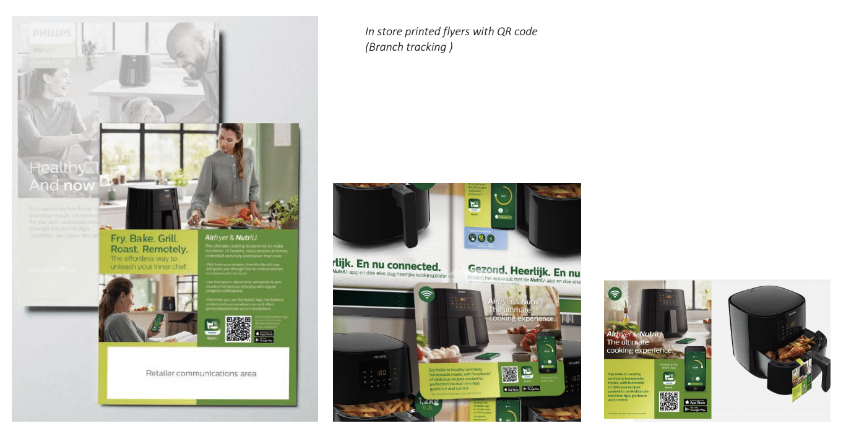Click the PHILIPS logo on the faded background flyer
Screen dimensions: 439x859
[x=52, y=33]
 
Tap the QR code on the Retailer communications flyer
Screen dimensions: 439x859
[x=238, y=329]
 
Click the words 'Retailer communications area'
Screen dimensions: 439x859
[x=201, y=373]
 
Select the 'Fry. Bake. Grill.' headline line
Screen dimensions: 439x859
[x=144, y=238]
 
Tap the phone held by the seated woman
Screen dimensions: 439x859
[x=158, y=322]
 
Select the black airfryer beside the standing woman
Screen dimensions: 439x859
[x=153, y=207]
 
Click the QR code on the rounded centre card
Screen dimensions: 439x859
[x=509, y=374]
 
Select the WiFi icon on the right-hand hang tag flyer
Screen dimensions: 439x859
[x=615, y=294]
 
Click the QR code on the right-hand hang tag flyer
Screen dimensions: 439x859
[x=669, y=401]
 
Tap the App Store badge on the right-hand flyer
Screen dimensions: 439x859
[x=695, y=402]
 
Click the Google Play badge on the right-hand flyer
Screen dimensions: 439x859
[x=695, y=409]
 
